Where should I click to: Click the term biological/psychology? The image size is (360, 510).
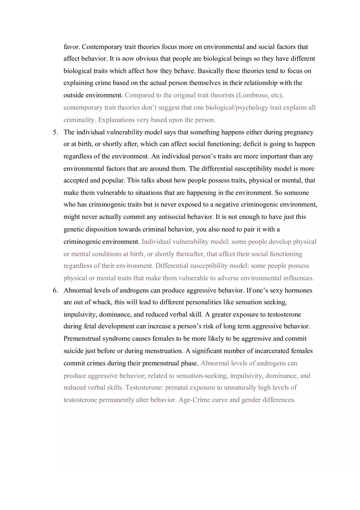241,108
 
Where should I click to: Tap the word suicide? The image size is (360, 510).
74,351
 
